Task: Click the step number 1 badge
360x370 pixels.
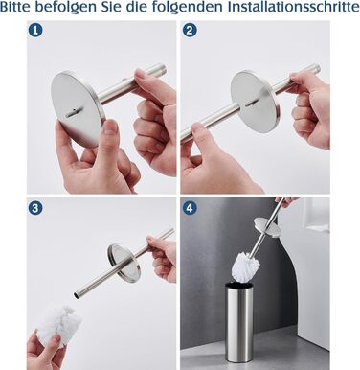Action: pos(35,31)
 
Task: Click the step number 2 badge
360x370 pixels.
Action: pos(190,31)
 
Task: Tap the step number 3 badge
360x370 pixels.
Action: pos(35,209)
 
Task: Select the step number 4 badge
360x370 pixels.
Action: pos(190,209)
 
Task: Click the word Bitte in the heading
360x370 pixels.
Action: pos(15,7)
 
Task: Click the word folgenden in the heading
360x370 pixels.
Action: pos(187,8)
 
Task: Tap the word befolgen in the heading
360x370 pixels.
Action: pos(67,8)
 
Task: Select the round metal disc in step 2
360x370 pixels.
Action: pos(256,102)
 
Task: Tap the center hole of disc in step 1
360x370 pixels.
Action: pos(73,111)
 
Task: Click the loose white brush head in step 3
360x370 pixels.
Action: pos(59,325)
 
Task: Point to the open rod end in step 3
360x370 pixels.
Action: pos(76,295)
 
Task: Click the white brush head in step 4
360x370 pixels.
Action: pos(244,266)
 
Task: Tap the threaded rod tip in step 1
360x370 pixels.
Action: pos(161,69)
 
